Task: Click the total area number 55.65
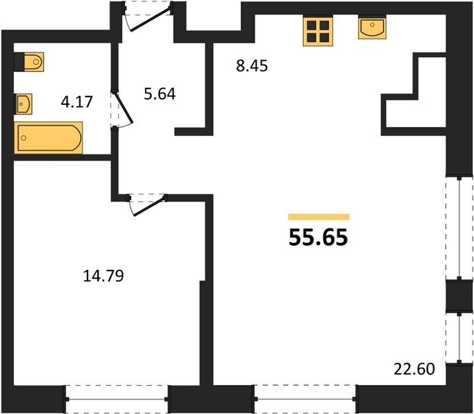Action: tap(319, 237)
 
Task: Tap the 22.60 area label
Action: tap(414, 369)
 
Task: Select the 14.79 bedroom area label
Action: tap(103, 276)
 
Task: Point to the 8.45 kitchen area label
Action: tap(252, 66)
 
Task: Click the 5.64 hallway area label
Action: tap(159, 94)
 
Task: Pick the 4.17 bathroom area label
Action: tap(77, 101)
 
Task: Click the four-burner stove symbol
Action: tap(317, 32)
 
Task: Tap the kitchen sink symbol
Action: tap(372, 28)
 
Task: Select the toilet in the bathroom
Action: tap(29, 62)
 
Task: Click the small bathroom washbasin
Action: tap(23, 104)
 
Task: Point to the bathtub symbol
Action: tap(48, 137)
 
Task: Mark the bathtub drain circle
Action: tap(23, 138)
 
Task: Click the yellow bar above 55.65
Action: tap(319, 217)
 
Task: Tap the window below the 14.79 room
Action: tap(117, 400)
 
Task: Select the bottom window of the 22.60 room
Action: tap(306, 400)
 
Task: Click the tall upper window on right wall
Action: tap(460, 228)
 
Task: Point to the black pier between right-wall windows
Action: tap(460, 296)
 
